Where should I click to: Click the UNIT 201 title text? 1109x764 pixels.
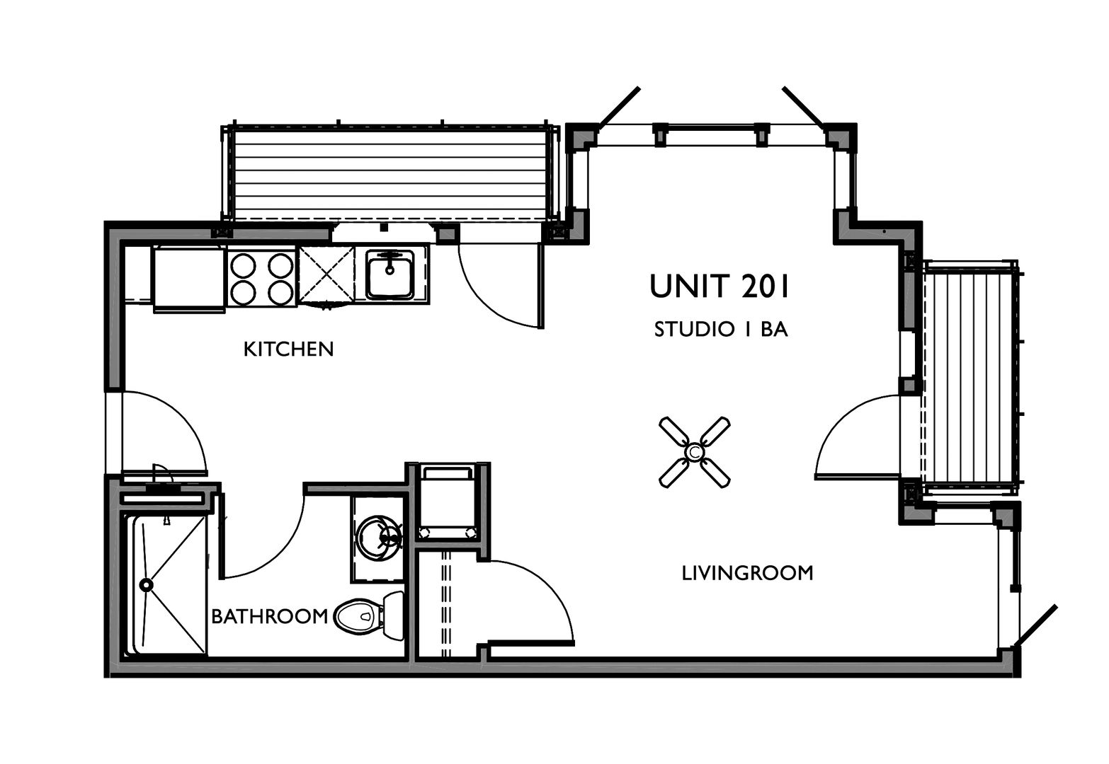[x=719, y=286]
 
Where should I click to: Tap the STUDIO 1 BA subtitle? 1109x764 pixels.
[x=720, y=330]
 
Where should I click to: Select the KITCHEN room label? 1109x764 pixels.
[x=289, y=349]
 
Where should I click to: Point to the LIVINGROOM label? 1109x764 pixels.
[x=748, y=572]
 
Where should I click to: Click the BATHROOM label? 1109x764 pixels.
[x=270, y=616]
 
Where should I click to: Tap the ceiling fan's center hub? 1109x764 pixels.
[x=694, y=452]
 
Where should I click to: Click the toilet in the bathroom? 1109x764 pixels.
[x=369, y=615]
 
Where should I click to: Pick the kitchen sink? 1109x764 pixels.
[x=390, y=274]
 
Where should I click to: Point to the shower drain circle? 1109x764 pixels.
[x=146, y=585]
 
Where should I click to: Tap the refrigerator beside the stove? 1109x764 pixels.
[x=189, y=279]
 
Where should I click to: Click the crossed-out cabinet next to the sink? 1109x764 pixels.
[x=326, y=274]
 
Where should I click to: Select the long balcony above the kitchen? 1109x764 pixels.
[x=391, y=173]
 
